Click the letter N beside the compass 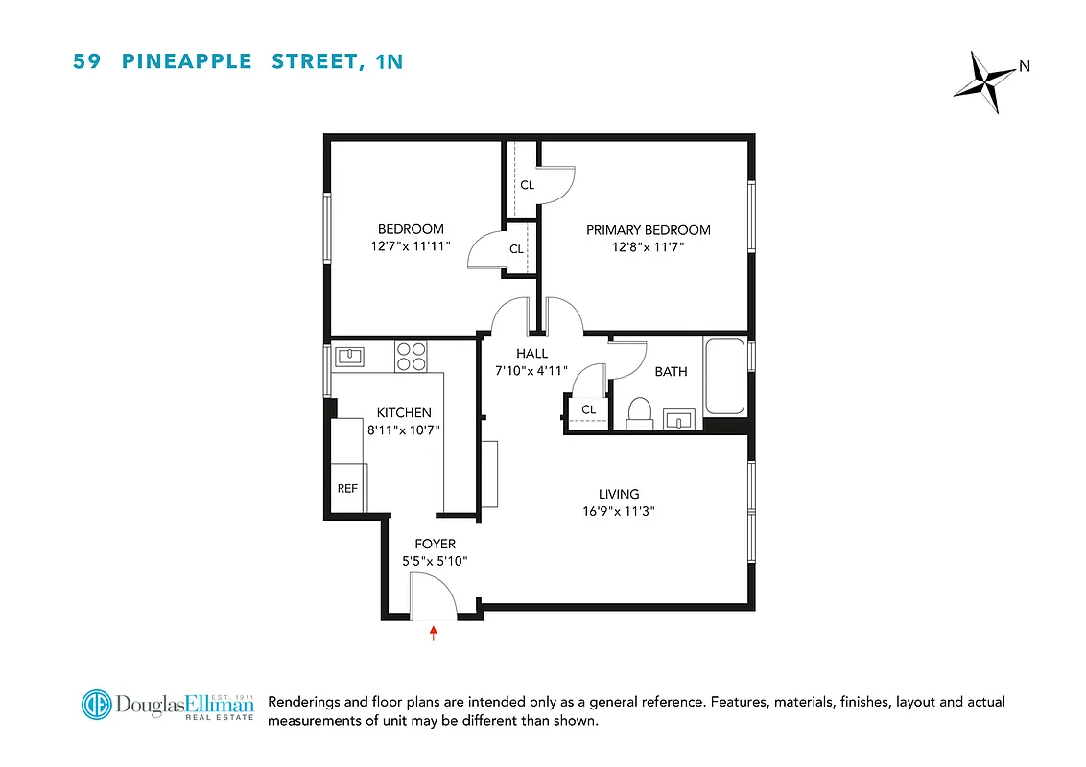1024,66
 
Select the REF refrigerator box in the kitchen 346,489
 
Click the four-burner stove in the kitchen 412,357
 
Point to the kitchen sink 349,357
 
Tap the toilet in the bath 639,412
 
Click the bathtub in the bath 725,376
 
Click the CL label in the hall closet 588,409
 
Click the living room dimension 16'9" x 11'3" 618,512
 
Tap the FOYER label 435,544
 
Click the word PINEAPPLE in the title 187,62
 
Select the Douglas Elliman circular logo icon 96,706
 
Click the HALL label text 531,353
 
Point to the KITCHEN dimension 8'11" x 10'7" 403,430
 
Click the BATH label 671,371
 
